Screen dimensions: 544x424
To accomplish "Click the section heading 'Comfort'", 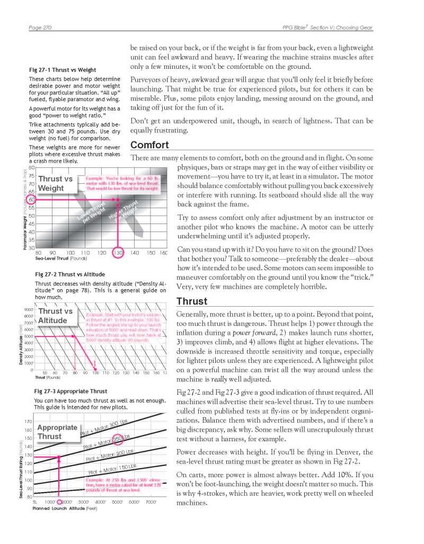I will [149, 145].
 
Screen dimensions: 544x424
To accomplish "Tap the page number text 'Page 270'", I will [43, 28].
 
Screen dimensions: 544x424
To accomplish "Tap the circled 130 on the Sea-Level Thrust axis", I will [118, 253].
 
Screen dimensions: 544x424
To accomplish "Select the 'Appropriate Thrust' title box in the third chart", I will [57, 432].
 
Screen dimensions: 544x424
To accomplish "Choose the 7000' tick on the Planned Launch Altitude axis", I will [151, 502].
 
